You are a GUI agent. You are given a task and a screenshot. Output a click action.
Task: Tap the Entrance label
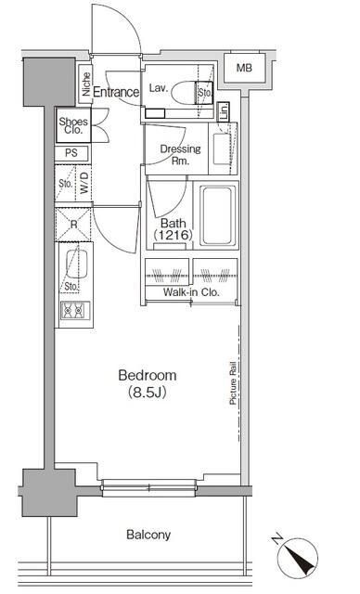pyautogui.click(x=116, y=92)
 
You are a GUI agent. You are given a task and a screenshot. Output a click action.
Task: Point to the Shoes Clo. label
pyautogui.click(x=73, y=125)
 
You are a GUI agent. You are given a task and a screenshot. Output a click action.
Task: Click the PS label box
pyautogui.click(x=71, y=153)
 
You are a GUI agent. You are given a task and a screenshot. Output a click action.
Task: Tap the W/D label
pyautogui.click(x=84, y=184)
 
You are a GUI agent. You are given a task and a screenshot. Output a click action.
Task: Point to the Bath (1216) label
pyautogui.click(x=172, y=229)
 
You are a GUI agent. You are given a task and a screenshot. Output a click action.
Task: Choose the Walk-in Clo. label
pyautogui.click(x=190, y=292)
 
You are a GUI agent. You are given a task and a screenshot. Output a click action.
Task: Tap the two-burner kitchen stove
pyautogui.click(x=73, y=312)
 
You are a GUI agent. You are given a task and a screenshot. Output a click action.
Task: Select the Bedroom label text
pyautogui.click(x=147, y=375)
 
